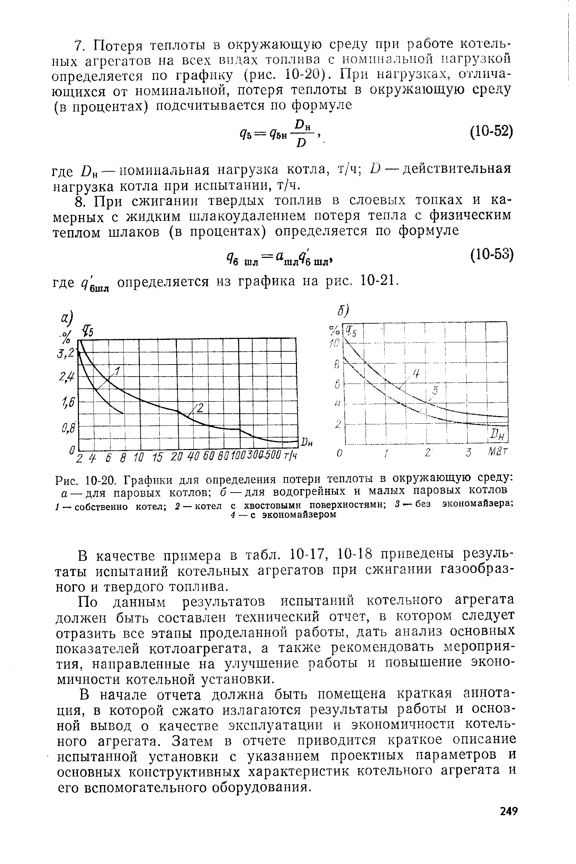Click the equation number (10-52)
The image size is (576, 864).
tap(491, 131)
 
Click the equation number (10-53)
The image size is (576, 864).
tap(491, 254)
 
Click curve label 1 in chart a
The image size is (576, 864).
tap(118, 371)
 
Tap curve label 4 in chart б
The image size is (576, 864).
tap(416, 374)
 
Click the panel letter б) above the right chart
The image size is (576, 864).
tap(343, 311)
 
